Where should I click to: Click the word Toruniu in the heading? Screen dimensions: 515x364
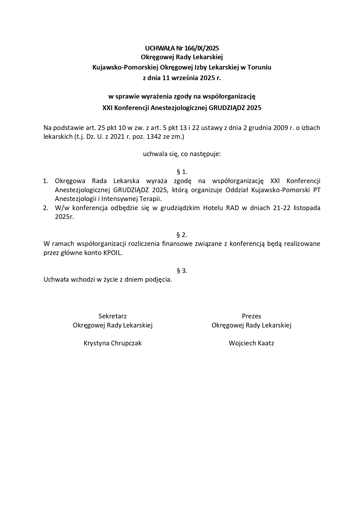pos(259,67)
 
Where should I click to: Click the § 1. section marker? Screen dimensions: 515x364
pos(182,172)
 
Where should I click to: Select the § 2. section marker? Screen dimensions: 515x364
pos(182,235)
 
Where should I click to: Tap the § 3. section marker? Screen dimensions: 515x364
pos(182,271)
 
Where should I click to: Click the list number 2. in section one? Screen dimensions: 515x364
pos(45,208)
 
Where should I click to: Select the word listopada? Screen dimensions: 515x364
pos(307,208)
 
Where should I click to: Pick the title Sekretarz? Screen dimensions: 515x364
pos(112,316)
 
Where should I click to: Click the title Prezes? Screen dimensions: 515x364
pos(251,316)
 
